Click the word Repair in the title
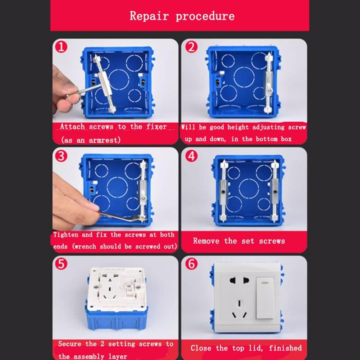pos(149,16)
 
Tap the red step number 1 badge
pos(61,47)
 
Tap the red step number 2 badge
pos(191,47)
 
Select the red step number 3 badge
pos(61,156)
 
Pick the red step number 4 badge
pos(191,156)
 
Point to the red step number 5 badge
pos(61,264)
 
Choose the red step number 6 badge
pos(191,264)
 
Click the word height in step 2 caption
pos(238,127)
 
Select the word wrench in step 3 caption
pos(85,246)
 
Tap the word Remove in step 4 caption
pos(206,241)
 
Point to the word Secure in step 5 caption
pos(69,344)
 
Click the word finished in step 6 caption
pos(285,348)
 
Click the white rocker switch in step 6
pos(265,298)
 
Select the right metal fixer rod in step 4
pos(275,190)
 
